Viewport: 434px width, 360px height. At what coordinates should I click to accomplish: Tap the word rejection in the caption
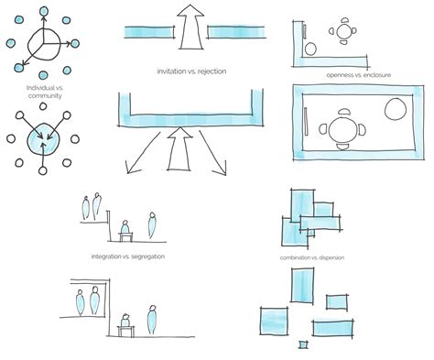pos(209,70)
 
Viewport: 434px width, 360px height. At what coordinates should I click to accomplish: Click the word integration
pos(109,256)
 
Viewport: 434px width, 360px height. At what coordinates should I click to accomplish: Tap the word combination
pos(301,258)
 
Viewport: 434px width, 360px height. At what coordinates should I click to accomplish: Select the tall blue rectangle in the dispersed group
pos(302,287)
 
